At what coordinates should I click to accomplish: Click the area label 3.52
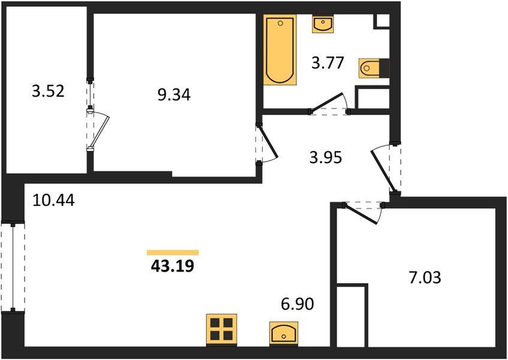point(48,91)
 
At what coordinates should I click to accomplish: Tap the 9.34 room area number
point(174,95)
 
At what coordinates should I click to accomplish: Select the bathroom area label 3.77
point(327,62)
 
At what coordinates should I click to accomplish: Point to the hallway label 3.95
point(326,158)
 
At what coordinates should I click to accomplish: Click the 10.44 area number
point(53,200)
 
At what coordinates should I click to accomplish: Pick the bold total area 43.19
point(172,266)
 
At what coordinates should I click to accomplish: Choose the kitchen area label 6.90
point(297,304)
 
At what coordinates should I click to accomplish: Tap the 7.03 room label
point(425,278)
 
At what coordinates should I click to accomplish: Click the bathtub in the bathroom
point(280,50)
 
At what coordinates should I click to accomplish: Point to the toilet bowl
point(369,68)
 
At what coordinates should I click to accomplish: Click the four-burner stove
point(221,329)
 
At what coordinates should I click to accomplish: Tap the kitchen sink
point(284,333)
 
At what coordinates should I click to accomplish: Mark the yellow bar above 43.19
point(173,253)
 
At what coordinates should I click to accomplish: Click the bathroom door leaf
point(326,103)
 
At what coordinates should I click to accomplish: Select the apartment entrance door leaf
point(383,170)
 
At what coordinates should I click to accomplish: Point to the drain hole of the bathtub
point(281,23)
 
